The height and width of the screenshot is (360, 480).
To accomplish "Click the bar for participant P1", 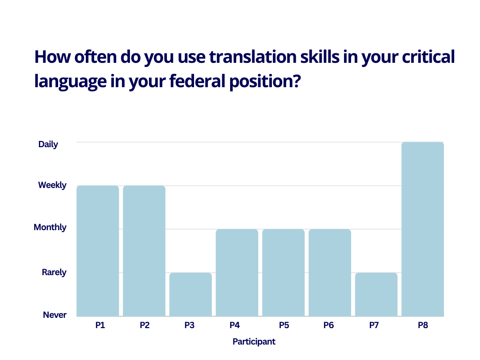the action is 97,251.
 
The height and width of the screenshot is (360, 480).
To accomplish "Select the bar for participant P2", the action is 144,251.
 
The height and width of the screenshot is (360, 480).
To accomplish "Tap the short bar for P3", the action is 190,294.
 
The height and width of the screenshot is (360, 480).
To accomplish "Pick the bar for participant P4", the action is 237,273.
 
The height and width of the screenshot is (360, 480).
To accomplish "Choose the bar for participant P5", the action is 284,273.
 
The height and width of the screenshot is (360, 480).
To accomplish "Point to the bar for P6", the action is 330,273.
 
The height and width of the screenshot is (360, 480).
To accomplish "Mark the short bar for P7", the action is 376,294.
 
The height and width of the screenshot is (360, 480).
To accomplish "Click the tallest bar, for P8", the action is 423,229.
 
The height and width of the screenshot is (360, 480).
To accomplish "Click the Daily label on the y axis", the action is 48,144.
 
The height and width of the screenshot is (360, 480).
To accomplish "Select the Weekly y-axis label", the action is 52,185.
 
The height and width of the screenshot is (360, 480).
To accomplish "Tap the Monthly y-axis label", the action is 50,227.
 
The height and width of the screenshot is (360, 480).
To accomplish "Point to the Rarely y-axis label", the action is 54,272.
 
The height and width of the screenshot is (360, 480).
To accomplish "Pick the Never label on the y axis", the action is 55,315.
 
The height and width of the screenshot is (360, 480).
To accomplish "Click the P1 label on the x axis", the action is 100,325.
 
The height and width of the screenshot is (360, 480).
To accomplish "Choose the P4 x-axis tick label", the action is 234,325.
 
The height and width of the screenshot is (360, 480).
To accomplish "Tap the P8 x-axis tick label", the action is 423,325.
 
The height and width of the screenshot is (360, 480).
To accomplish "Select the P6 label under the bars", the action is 329,325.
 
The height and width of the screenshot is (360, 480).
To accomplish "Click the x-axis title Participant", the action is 254,342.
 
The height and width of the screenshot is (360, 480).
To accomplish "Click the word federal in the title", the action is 197,81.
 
